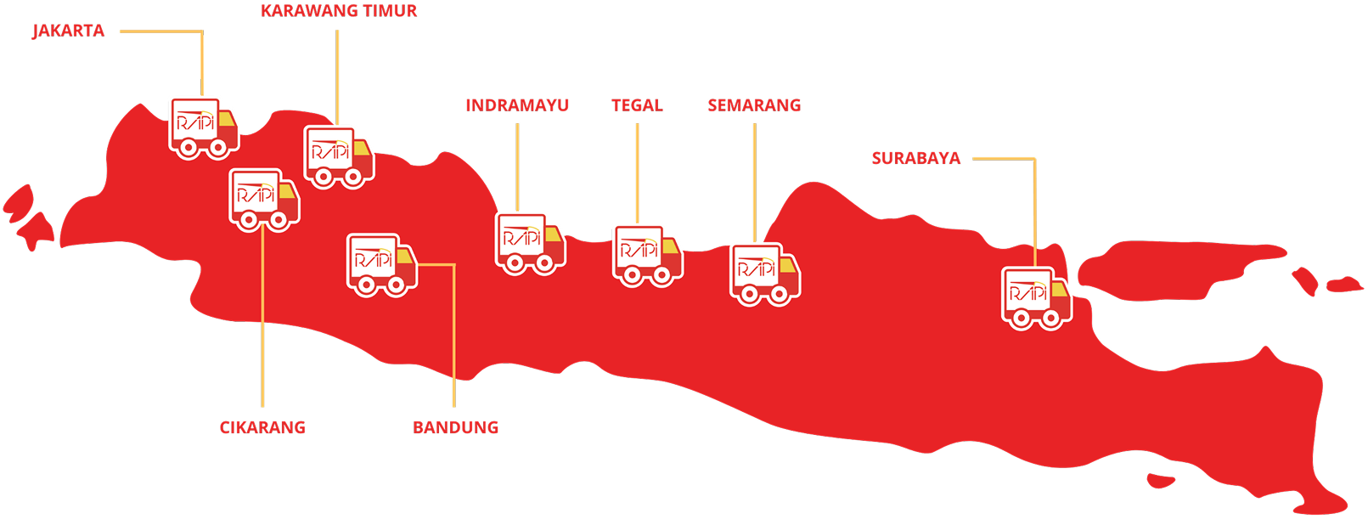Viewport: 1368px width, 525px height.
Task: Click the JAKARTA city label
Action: (x=68, y=31)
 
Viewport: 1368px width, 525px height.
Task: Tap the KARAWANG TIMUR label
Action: (x=339, y=11)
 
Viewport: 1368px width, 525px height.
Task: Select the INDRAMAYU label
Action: (x=517, y=105)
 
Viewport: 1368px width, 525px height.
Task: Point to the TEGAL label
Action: (x=637, y=105)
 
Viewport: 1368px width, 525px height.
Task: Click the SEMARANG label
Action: (x=754, y=105)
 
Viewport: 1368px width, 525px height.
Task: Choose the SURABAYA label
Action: (x=915, y=158)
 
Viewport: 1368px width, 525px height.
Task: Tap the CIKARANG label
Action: (x=262, y=427)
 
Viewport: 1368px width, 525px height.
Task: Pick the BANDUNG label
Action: (x=456, y=427)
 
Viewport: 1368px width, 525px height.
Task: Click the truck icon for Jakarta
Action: (x=204, y=127)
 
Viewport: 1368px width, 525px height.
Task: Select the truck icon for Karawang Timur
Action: (x=339, y=157)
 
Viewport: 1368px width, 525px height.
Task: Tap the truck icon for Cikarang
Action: (x=264, y=200)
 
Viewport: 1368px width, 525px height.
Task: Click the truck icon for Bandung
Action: (x=381, y=264)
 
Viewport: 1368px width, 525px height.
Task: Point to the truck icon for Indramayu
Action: (x=530, y=243)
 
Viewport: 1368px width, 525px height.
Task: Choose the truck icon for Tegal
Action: (x=647, y=254)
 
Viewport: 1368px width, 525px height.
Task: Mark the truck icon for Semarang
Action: (x=764, y=274)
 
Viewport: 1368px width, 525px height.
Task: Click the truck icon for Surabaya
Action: (x=1036, y=298)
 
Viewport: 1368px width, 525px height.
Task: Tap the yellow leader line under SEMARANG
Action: (x=754, y=183)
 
